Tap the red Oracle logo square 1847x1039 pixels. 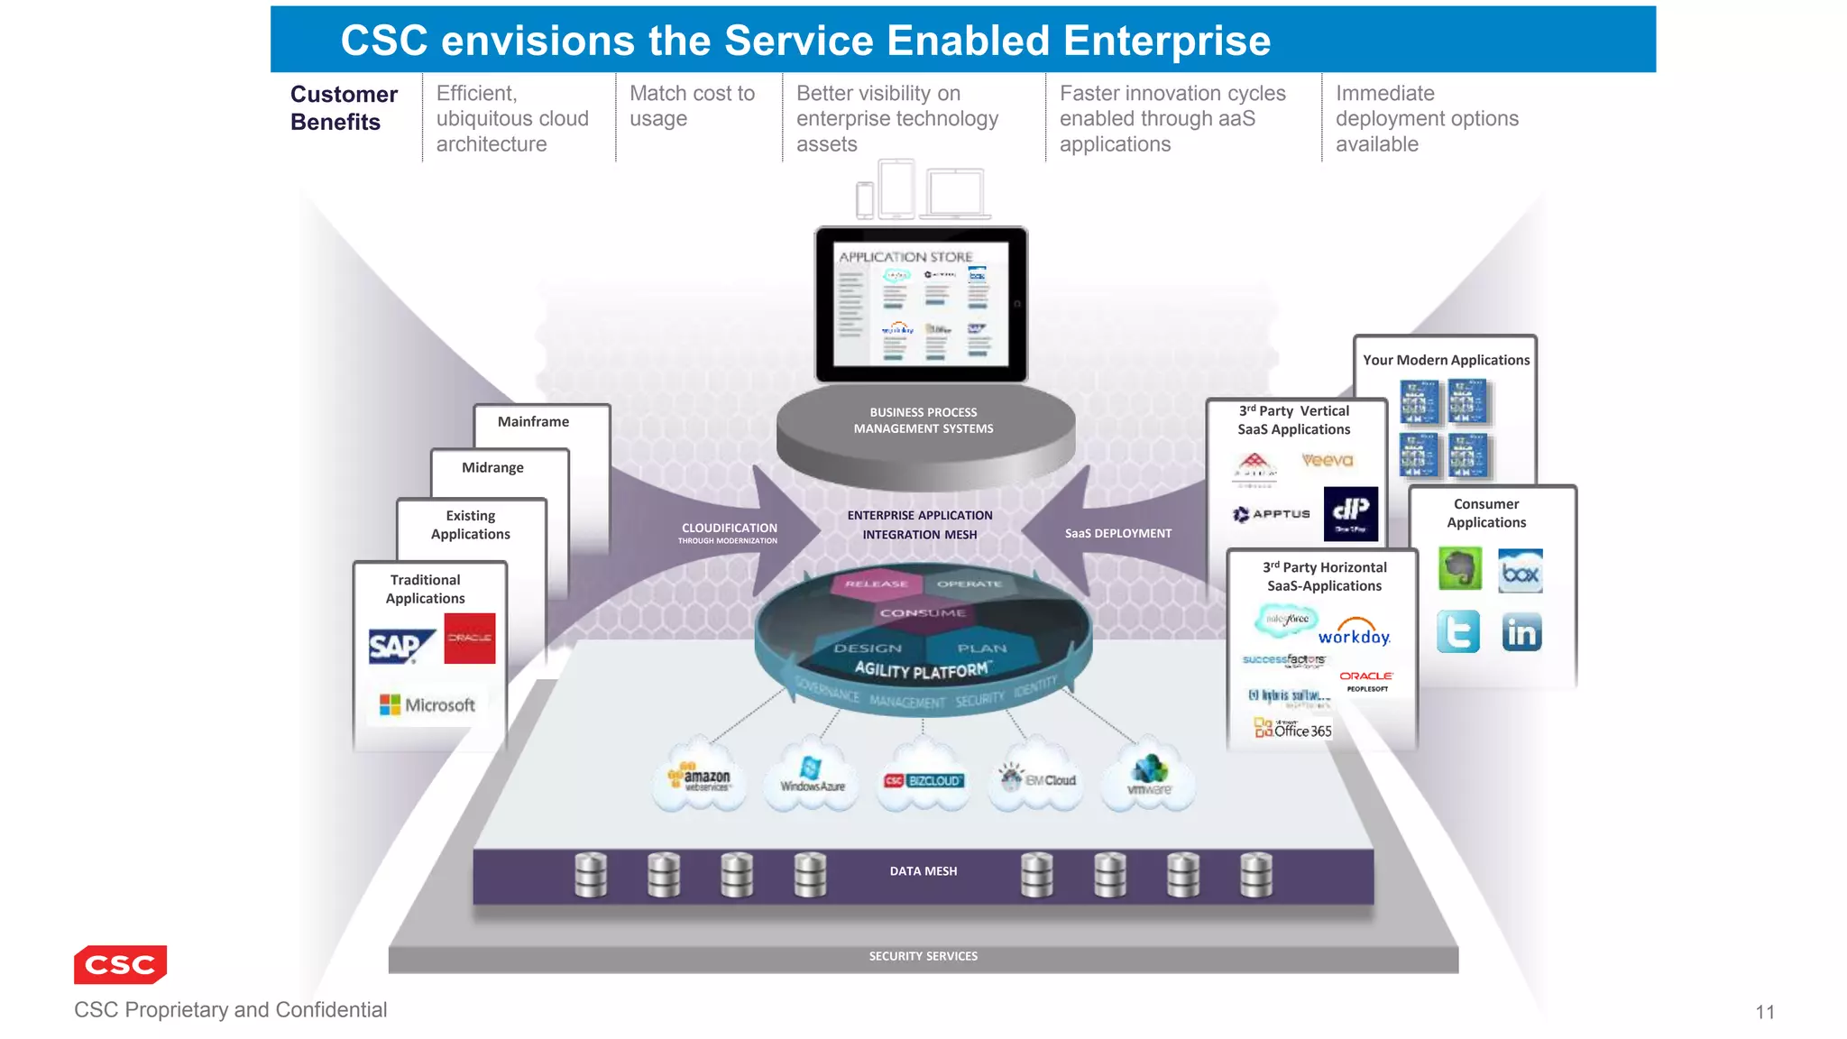click(470, 639)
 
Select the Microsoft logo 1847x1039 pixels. click(427, 704)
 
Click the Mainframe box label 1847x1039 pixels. click(533, 421)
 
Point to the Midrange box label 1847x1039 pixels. click(492, 467)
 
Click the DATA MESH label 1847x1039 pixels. click(923, 871)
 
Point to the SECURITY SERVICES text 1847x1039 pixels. click(923, 956)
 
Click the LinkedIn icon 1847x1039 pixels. click(1521, 632)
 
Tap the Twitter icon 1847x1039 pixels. click(1458, 631)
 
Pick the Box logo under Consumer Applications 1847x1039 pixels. click(1521, 572)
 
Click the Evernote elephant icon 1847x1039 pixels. click(1459, 569)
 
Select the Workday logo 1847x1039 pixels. click(1355, 631)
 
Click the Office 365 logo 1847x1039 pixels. click(1293, 729)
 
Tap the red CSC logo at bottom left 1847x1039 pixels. click(121, 964)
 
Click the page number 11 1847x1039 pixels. click(1765, 1012)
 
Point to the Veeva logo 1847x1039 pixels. click(1328, 460)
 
